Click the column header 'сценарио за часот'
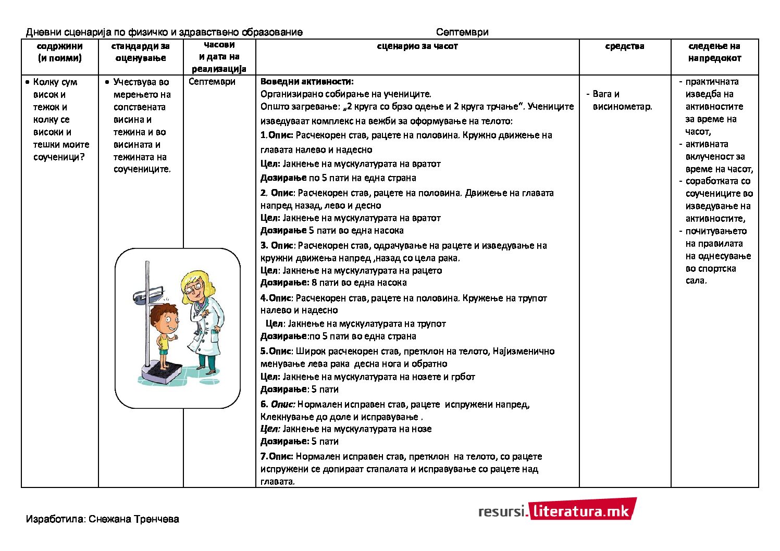tap(417, 46)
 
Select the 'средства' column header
tap(624, 46)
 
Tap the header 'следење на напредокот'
tap(714, 52)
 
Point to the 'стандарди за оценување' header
tap(140, 52)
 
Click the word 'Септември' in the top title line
tap(462, 32)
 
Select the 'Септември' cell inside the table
tap(212, 82)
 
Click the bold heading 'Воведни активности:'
tap(307, 82)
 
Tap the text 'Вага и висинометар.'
tap(622, 101)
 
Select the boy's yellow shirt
tap(164, 341)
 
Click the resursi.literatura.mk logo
tap(556, 510)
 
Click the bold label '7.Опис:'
tap(277, 457)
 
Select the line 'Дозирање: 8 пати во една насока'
tap(333, 283)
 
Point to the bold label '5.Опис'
tap(276, 352)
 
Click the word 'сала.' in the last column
tap(696, 281)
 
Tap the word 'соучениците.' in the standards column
tap(142, 169)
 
